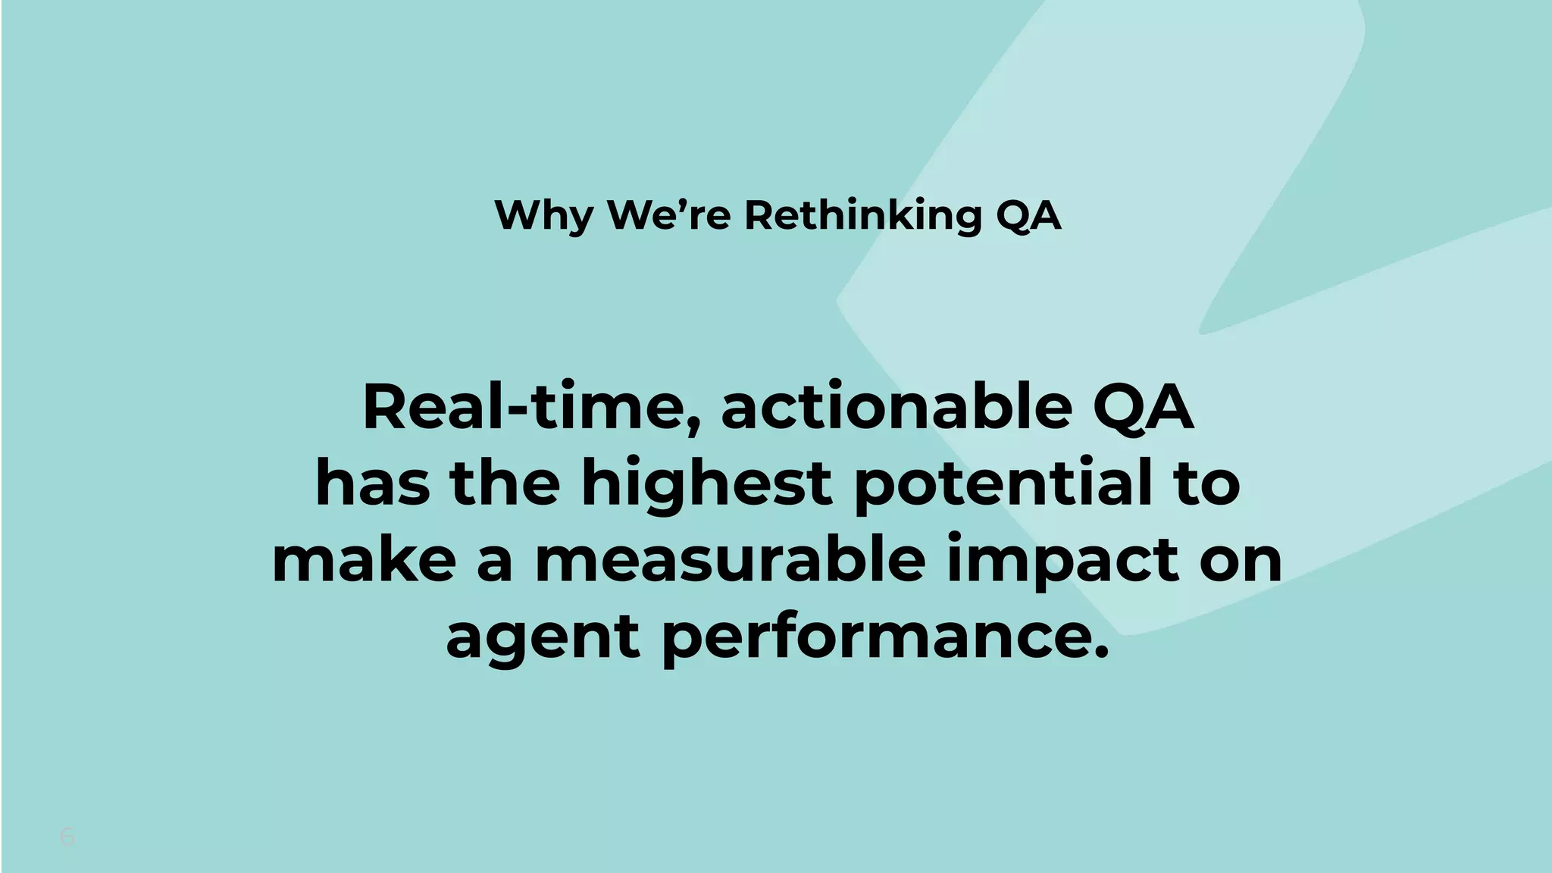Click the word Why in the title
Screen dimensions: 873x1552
point(543,216)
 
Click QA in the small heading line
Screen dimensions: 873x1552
point(1028,216)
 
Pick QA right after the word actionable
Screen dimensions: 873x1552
point(1143,409)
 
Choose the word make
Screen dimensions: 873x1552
point(365,560)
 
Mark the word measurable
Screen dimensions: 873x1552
point(730,560)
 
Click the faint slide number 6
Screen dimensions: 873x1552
point(67,837)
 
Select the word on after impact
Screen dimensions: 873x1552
point(1241,562)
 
